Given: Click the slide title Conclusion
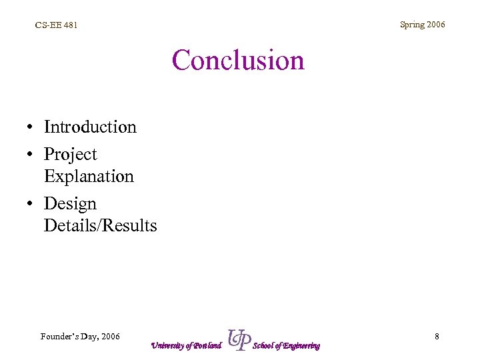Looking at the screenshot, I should (238, 61).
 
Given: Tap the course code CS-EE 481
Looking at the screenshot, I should (56, 25).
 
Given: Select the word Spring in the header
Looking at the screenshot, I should (412, 25).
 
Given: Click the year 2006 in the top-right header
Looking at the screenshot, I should (436, 25).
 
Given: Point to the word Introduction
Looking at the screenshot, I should (90, 127).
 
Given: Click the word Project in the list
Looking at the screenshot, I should (70, 154).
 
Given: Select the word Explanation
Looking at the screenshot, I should (89, 177).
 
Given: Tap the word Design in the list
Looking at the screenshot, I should (70, 203).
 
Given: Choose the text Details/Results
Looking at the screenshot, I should (100, 226).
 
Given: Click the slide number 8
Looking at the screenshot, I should (437, 337).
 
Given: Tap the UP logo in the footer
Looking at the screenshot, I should (239, 339).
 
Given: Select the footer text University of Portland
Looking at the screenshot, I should (185, 345).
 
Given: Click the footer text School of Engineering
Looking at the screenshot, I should (287, 345).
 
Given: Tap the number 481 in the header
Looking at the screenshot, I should (69, 25).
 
